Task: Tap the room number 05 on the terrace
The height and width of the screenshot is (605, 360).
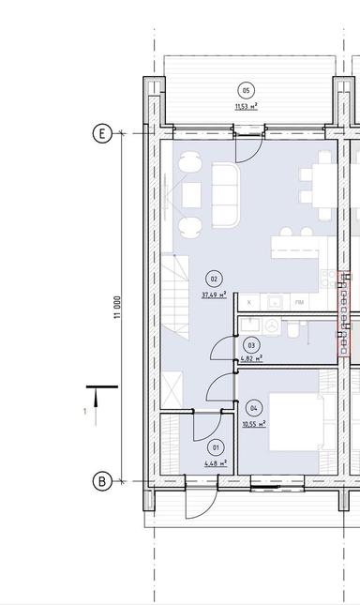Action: coord(247,90)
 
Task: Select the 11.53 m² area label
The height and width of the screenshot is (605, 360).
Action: coord(247,106)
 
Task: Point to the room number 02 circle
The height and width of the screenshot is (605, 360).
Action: coord(214,279)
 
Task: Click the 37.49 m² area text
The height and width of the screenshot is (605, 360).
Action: coord(214,294)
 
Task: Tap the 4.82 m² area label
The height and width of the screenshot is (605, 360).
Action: coord(249,358)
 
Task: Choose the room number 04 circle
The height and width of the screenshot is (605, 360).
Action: coord(254,408)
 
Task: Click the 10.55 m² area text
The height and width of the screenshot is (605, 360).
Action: coord(253,423)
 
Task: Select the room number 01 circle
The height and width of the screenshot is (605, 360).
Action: coord(216,446)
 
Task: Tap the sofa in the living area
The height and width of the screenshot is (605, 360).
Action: coord(227,195)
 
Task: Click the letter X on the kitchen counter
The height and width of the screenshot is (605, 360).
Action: coord(248,303)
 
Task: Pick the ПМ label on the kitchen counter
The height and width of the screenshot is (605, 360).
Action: coord(299,303)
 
